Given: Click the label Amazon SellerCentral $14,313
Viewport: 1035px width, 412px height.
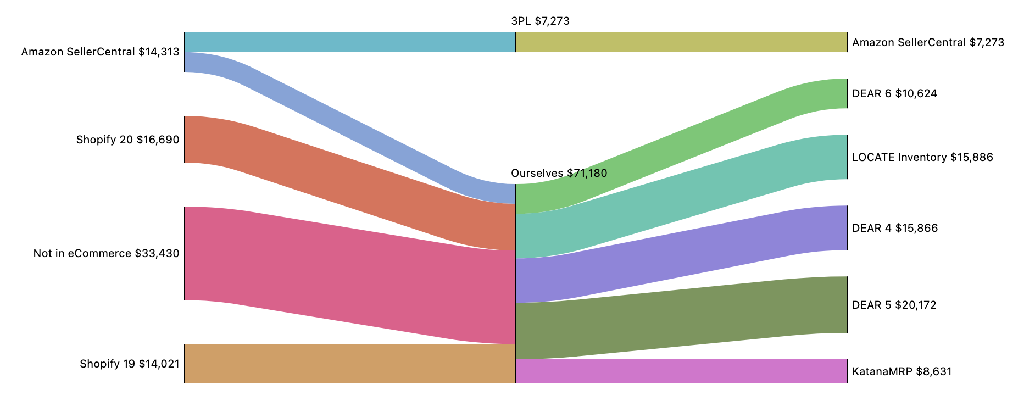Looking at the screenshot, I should click(x=101, y=52).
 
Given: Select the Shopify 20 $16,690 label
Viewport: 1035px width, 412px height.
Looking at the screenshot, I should click(x=128, y=140).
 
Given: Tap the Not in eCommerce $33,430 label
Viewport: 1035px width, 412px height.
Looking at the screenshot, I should click(x=107, y=254).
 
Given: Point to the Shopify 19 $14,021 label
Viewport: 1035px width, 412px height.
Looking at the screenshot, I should click(x=130, y=364).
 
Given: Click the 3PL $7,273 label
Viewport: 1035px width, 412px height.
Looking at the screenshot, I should click(x=540, y=21).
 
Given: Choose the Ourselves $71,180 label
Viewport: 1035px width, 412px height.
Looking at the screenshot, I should click(x=559, y=174).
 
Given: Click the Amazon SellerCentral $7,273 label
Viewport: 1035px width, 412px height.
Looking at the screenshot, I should click(x=928, y=43).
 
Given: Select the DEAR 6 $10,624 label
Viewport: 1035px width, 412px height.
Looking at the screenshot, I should click(x=894, y=94).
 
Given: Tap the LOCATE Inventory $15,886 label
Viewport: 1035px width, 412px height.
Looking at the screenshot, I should click(x=922, y=158).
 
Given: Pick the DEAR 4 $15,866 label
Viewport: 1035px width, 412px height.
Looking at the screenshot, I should click(x=895, y=229).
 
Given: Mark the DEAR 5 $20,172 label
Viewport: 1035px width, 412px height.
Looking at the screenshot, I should click(x=894, y=305).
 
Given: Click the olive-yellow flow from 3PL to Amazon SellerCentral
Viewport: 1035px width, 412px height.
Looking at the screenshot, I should click(x=681, y=42).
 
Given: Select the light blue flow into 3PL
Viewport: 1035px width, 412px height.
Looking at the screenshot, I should click(x=350, y=42).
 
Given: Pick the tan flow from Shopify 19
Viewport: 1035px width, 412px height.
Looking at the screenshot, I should click(x=350, y=364).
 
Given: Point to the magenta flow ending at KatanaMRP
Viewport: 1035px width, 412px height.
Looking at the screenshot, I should click(x=681, y=371).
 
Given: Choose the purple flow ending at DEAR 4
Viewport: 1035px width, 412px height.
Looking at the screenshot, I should click(x=681, y=254).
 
